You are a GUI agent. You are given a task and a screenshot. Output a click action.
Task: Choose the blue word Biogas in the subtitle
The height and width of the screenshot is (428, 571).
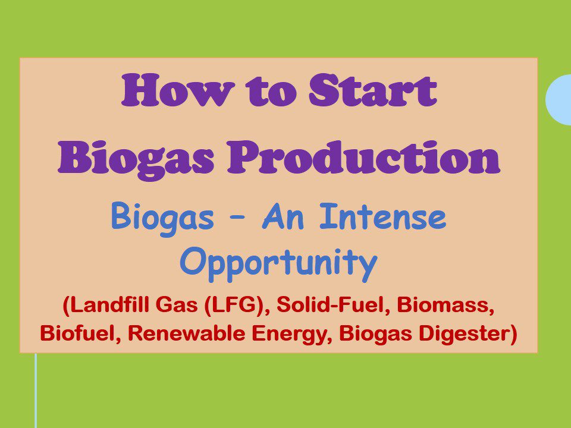[162, 218]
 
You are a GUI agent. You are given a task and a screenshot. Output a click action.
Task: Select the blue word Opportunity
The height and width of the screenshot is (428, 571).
[278, 263]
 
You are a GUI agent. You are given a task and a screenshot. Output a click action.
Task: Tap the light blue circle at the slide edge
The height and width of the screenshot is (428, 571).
[560, 99]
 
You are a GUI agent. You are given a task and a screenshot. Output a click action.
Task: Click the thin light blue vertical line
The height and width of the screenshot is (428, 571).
[36, 389]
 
